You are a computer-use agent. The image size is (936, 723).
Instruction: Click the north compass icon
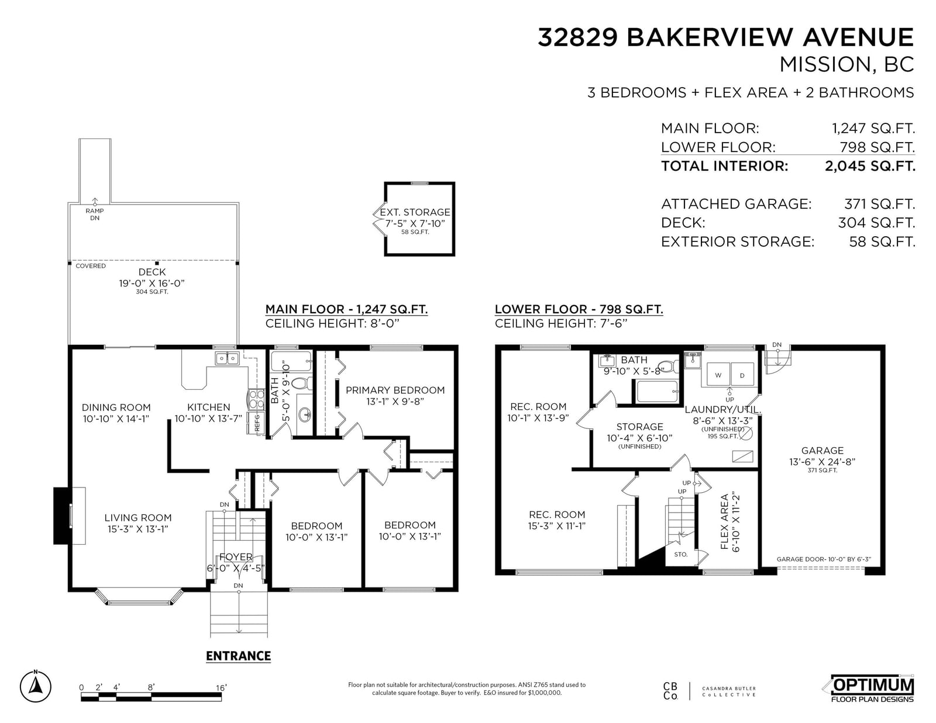pos(35,687)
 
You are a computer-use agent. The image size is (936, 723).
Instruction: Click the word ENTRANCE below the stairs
pos(238,656)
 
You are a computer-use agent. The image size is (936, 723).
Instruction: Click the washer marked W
pos(717,375)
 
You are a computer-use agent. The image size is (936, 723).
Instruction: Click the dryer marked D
pos(742,375)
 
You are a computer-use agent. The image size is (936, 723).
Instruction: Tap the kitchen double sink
pos(227,358)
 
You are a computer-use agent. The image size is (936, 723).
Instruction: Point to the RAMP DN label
pos(95,215)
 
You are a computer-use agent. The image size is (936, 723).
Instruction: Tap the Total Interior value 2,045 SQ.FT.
pos(870,165)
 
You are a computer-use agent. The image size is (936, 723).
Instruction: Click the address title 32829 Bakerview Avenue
pos(725,37)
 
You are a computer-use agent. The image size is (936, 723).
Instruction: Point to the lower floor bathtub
pos(655,391)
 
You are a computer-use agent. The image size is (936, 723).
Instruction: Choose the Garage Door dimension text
pos(824,559)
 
